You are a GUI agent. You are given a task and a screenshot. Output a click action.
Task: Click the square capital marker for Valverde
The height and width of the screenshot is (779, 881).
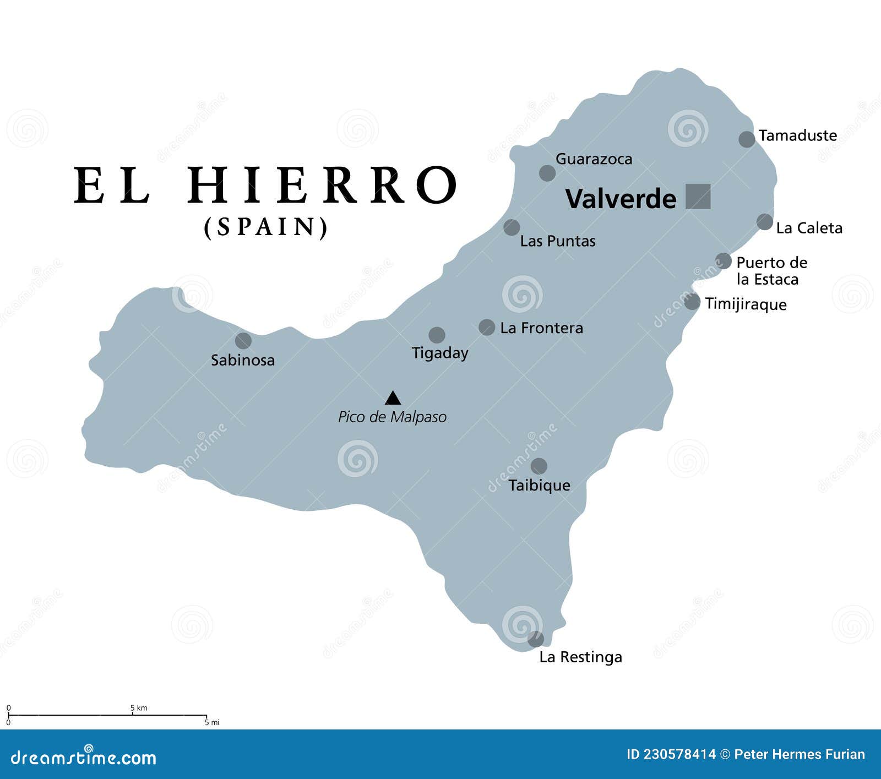click(698, 196)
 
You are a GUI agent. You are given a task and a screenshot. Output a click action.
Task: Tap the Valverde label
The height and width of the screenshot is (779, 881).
click(621, 199)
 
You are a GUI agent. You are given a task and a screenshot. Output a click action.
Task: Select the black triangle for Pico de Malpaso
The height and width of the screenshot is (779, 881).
click(393, 398)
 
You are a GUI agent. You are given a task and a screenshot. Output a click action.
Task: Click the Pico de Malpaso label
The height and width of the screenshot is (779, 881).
click(392, 417)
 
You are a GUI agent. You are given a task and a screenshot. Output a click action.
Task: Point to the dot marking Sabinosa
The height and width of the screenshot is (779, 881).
click(243, 341)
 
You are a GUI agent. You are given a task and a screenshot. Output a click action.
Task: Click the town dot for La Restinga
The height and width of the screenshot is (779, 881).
click(536, 639)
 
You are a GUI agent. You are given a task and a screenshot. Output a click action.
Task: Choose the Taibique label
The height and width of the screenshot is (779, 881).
click(539, 485)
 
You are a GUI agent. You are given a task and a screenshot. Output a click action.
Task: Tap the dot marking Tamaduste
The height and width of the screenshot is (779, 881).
click(747, 139)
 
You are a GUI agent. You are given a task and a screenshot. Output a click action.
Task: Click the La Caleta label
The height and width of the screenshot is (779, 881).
click(809, 228)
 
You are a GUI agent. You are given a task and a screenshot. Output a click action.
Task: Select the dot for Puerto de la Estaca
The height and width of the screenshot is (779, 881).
click(724, 261)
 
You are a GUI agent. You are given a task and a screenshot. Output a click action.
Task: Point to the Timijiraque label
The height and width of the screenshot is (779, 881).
click(746, 304)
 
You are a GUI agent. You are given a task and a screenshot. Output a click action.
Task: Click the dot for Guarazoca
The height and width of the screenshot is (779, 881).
click(547, 173)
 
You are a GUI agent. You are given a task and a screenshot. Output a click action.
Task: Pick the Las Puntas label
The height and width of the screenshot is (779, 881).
click(558, 241)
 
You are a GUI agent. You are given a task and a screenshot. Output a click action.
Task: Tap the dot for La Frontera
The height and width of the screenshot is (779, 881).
click(487, 328)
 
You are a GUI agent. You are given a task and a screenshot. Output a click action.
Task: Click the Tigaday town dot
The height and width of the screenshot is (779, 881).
click(437, 335)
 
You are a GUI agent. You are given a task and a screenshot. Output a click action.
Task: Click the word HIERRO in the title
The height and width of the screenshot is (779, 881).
click(323, 186)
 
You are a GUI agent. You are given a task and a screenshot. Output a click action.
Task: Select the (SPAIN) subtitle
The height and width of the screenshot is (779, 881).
click(266, 227)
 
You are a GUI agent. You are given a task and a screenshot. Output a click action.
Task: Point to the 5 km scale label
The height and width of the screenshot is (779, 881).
click(139, 708)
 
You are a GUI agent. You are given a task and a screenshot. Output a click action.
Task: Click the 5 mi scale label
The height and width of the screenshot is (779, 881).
click(212, 722)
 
